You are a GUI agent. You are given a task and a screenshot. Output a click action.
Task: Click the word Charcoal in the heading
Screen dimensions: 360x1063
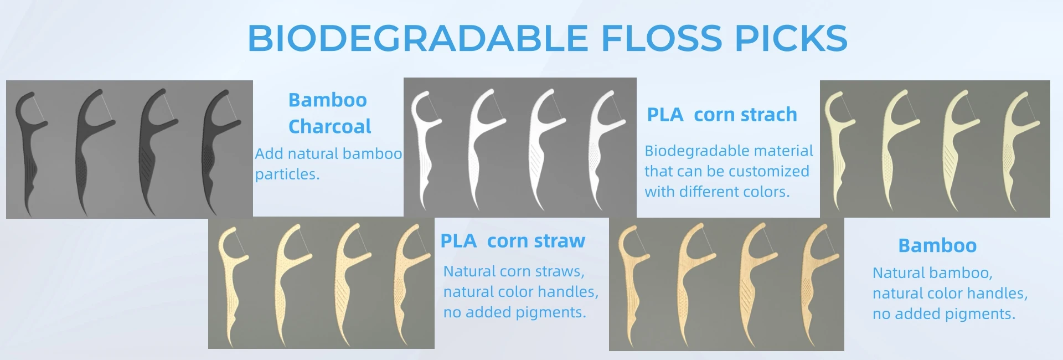329,126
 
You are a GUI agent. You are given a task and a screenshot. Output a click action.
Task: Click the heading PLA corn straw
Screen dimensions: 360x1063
512,241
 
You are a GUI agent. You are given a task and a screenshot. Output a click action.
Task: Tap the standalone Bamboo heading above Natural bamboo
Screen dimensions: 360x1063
937,245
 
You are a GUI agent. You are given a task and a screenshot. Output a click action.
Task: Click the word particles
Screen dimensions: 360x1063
287,174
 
